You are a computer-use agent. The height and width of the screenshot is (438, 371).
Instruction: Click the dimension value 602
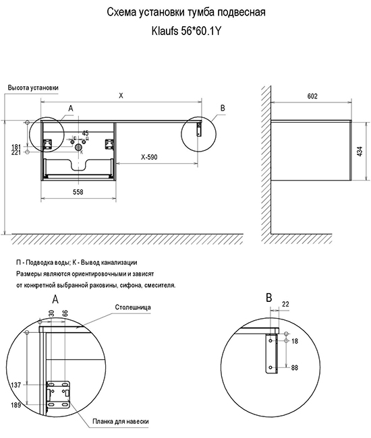coord(312,96)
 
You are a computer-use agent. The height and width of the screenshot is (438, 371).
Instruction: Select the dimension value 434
coord(360,152)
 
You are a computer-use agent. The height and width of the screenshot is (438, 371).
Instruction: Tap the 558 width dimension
coord(78,192)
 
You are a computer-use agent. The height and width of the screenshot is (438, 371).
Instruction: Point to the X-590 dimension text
coord(149,157)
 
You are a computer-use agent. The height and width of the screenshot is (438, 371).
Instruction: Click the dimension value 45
coord(85,133)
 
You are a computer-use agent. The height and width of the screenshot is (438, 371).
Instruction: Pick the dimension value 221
coord(16,152)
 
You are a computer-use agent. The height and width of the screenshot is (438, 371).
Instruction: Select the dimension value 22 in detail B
coord(285,304)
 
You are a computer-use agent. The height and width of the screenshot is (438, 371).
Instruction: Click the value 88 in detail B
coord(295,368)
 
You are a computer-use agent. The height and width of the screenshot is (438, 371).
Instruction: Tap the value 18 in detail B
coord(295,341)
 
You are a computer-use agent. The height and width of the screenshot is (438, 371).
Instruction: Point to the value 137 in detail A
coord(16,385)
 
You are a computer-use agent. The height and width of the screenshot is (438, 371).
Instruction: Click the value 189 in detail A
coord(16,405)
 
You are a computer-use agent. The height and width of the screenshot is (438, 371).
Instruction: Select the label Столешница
coord(133,307)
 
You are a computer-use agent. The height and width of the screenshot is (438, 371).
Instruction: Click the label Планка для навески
coord(121,422)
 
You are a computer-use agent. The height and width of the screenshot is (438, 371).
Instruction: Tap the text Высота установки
coord(33,88)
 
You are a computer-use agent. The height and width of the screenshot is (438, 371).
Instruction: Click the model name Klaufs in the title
coord(165,31)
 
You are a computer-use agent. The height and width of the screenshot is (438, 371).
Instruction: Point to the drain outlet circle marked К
coord(78,147)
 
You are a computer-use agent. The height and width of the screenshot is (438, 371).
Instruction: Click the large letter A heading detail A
coord(55,299)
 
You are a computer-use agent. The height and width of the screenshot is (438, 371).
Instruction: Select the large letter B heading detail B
coord(268,298)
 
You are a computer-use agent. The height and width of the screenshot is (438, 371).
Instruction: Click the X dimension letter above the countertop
coord(121,96)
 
